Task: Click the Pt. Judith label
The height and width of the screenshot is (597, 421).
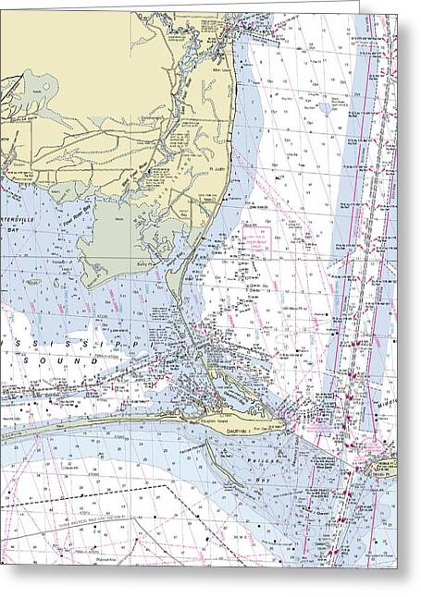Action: click(218, 169)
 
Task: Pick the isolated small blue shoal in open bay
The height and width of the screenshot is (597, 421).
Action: click(325, 107)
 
